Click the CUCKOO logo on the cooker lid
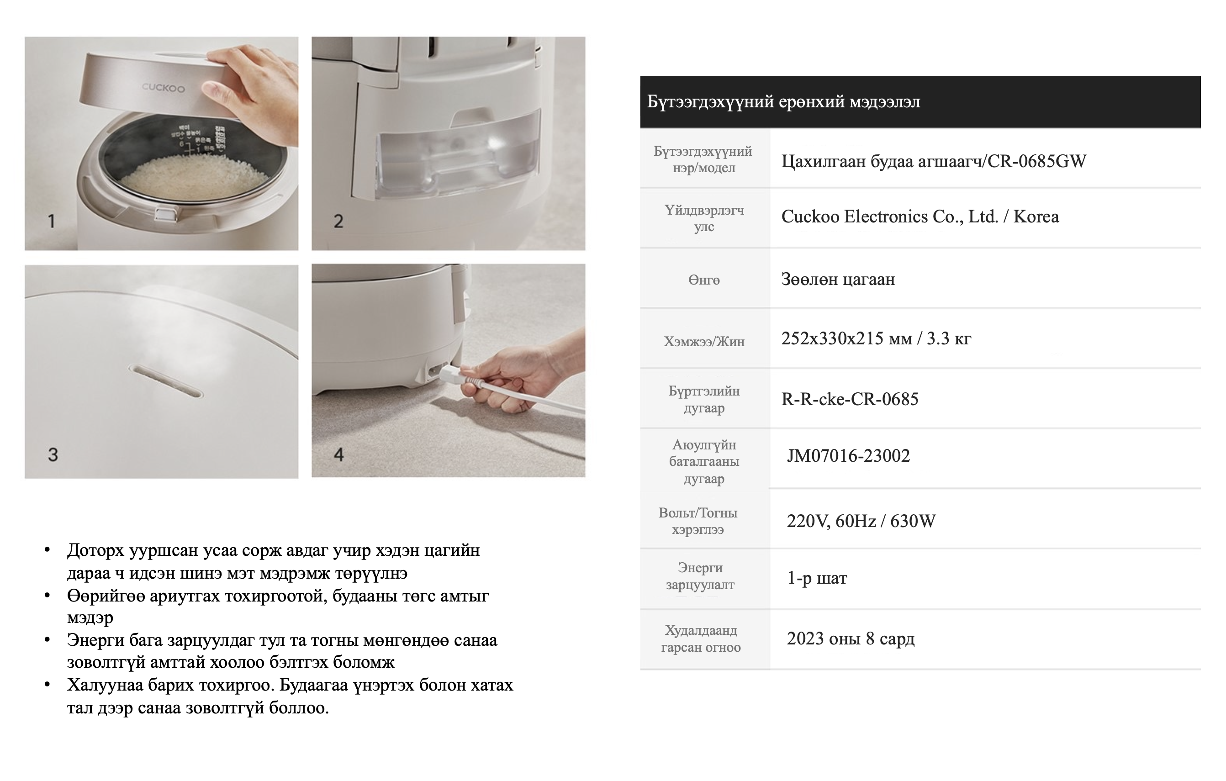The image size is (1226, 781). [163, 88]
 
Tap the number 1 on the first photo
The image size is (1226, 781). [52, 221]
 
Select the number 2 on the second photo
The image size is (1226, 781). [338, 221]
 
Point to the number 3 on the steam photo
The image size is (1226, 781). [53, 454]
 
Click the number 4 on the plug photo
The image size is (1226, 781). [338, 454]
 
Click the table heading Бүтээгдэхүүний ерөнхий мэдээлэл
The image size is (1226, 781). [783, 102]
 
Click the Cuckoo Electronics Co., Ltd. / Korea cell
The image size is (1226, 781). [920, 217]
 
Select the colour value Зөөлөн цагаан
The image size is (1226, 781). [838, 280]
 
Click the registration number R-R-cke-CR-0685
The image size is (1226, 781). [850, 399]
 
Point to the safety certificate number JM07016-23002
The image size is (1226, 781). [848, 456]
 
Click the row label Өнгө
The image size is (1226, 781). [704, 280]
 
